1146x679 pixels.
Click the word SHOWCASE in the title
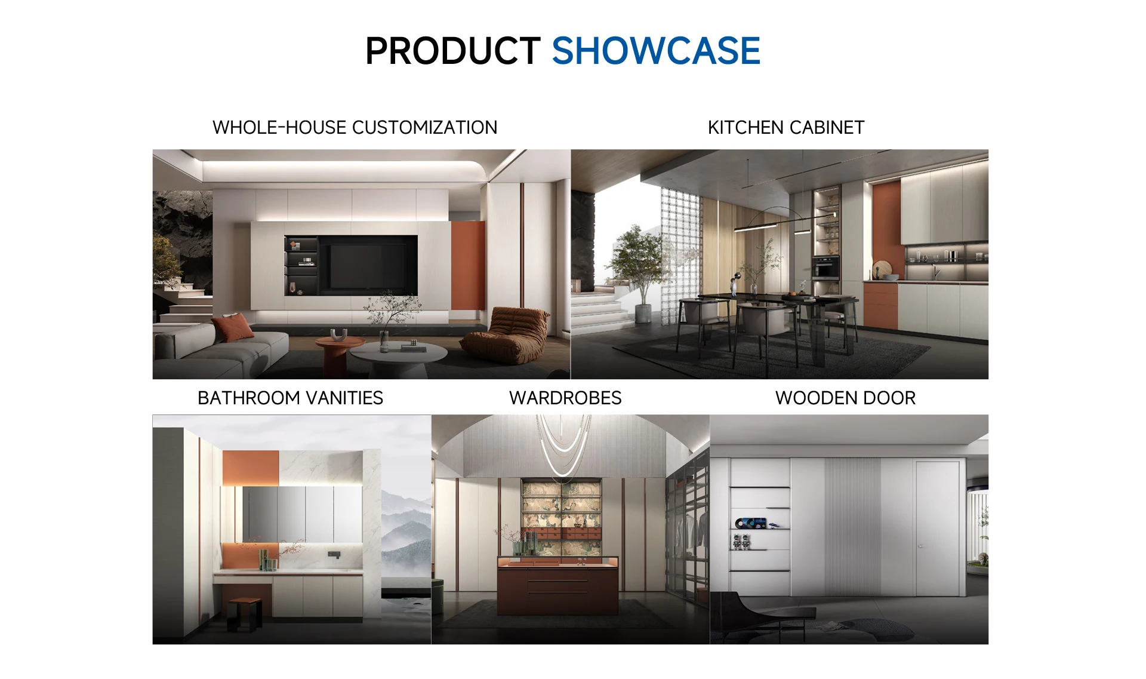[x=656, y=51]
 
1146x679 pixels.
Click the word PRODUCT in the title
[x=453, y=51]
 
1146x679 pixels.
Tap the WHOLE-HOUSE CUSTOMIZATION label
[x=355, y=127]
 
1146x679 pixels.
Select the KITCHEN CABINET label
[x=786, y=127]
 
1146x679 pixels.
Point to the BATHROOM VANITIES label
[x=290, y=398]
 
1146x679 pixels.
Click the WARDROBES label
[x=565, y=398]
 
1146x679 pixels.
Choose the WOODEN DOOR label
[x=845, y=398]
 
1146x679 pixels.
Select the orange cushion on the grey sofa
[x=233, y=327]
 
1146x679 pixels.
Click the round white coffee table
[x=398, y=355]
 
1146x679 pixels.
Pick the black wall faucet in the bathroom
[x=334, y=555]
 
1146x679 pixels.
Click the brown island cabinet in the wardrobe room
[x=557, y=585]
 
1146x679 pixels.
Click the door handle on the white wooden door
[x=921, y=546]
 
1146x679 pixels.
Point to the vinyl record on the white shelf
[x=742, y=524]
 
